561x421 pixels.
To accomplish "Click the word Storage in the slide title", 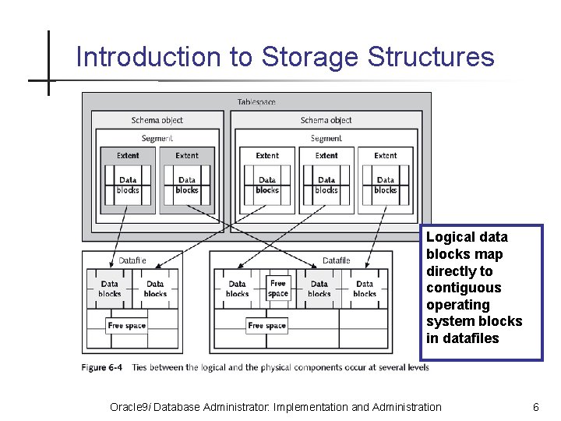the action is click(310, 58).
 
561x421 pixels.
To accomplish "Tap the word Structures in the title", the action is click(431, 56).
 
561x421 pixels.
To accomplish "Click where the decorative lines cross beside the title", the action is click(48, 80).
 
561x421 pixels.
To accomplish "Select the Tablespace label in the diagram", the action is click(256, 102).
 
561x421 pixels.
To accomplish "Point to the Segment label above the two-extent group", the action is click(157, 138).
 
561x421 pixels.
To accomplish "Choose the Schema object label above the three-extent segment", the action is click(326, 120).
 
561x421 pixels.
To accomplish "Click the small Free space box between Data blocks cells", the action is click(278, 288).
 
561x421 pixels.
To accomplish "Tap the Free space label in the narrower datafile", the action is click(127, 325).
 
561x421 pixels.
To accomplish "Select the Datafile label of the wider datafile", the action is click(337, 260).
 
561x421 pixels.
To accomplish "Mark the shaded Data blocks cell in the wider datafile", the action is click(319, 288).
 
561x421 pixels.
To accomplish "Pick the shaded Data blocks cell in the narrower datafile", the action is click(110, 288).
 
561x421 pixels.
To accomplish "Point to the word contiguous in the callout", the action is click(464, 288).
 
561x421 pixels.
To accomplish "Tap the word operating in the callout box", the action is click(458, 305).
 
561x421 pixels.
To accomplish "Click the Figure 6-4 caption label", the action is click(101, 367).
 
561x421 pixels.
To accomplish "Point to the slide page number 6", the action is click(536, 407).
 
